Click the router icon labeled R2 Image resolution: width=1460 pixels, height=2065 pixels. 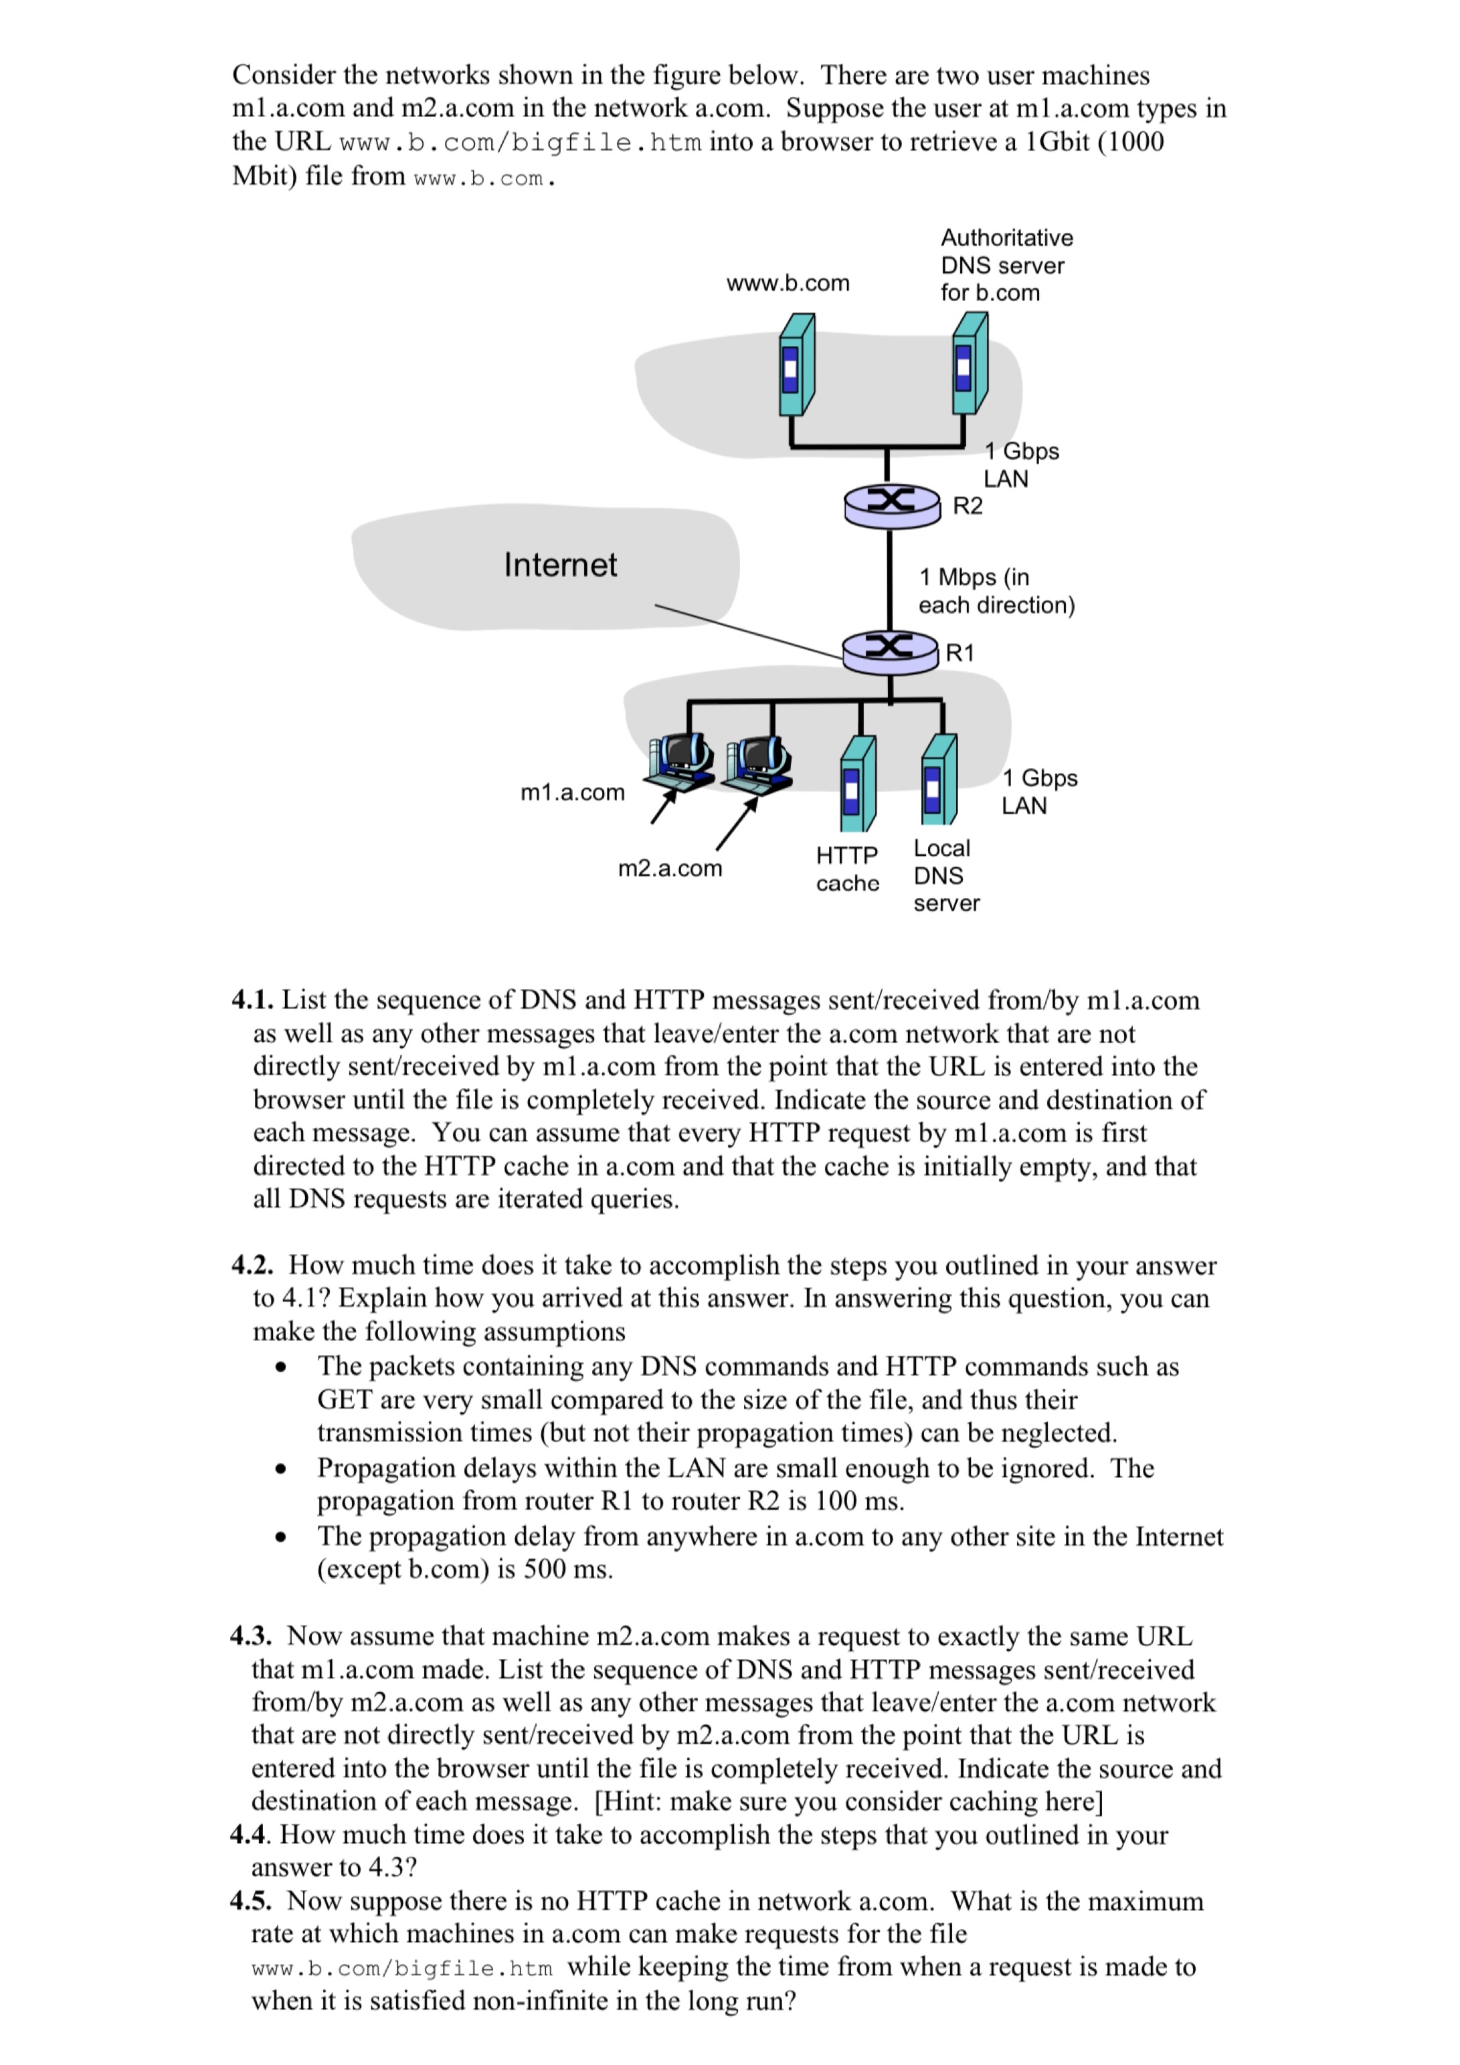click(x=891, y=505)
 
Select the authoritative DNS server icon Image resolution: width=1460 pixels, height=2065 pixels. click(x=969, y=363)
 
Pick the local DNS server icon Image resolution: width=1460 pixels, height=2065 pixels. click(x=938, y=780)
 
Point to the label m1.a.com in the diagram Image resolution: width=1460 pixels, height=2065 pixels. click(x=572, y=792)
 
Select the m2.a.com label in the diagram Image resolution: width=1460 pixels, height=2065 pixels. click(x=669, y=869)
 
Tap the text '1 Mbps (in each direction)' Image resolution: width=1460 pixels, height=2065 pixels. click(x=996, y=591)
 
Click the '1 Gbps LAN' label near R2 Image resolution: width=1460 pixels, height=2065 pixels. click(x=1020, y=465)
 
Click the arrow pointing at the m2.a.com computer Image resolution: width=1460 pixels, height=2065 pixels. click(x=737, y=825)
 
